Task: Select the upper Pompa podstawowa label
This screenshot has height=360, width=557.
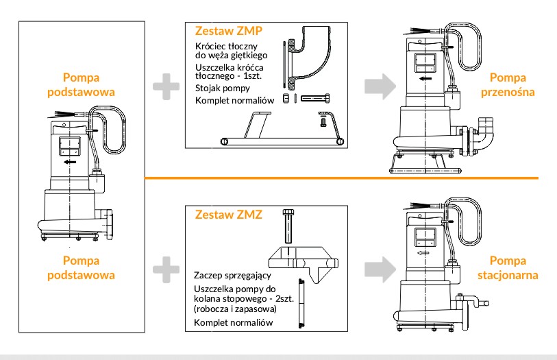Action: (x=89, y=84)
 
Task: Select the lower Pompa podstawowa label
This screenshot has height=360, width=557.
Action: (x=89, y=267)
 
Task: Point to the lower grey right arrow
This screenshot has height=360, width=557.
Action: (x=376, y=268)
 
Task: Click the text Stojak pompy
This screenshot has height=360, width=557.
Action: (x=218, y=88)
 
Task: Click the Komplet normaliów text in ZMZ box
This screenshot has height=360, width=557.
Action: (x=234, y=322)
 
